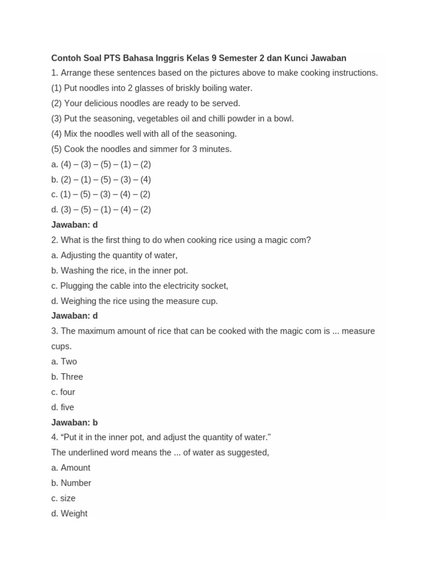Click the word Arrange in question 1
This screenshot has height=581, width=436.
[76, 73]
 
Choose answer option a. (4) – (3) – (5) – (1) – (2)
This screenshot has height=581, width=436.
[101, 165]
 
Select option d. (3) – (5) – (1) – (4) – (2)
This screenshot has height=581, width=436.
[101, 210]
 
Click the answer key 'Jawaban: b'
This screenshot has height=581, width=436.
[74, 423]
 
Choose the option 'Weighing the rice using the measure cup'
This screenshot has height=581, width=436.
[135, 301]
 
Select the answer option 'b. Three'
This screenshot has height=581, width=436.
[67, 377]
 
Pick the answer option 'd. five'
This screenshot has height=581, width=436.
[62, 407]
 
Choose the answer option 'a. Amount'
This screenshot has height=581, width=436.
[70, 468]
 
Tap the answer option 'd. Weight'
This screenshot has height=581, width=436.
[69, 514]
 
